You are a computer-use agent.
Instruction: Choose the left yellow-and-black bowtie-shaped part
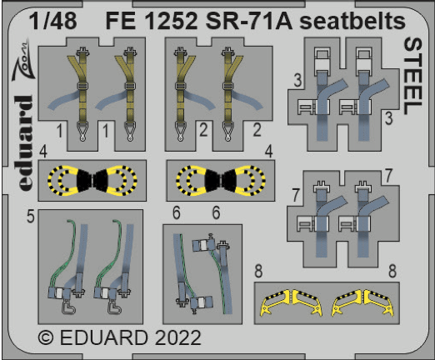click(x=81, y=179)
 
